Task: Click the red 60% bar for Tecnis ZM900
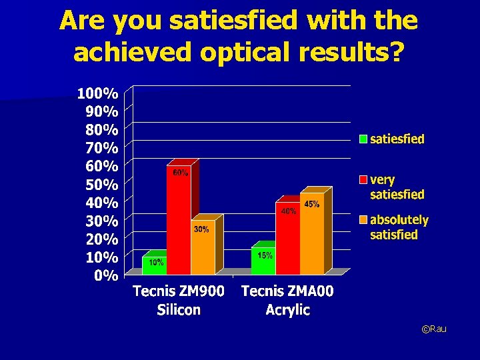[x=179, y=220]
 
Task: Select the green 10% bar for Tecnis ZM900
[x=154, y=265]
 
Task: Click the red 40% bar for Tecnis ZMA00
[x=287, y=238]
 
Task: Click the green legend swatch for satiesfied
[x=363, y=139]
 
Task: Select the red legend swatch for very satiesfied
[x=363, y=180]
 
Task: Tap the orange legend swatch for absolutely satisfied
[x=363, y=220]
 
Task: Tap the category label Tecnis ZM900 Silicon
[x=179, y=300]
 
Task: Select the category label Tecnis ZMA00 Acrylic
[x=287, y=300]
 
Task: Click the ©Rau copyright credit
[x=434, y=329]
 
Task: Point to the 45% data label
[x=311, y=205]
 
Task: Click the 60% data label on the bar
[x=181, y=173]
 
